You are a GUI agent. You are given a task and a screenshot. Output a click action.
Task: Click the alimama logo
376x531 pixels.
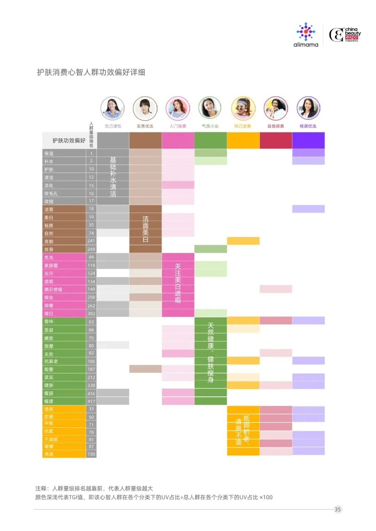pyautogui.click(x=306, y=35)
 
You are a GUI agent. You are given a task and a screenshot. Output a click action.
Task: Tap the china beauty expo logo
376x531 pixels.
pyautogui.click(x=345, y=35)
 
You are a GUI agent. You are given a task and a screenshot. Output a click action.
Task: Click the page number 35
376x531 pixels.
pyautogui.click(x=337, y=509)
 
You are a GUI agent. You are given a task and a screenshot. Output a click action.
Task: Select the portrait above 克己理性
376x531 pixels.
pyautogui.click(x=112, y=108)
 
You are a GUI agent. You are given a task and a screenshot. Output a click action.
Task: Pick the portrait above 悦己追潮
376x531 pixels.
pyautogui.click(x=243, y=108)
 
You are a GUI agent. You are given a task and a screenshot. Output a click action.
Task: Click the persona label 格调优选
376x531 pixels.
pyautogui.click(x=308, y=126)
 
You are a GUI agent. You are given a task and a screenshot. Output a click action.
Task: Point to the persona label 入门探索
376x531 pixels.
pyautogui.click(x=178, y=126)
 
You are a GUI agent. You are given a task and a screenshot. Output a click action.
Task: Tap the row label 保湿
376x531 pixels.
pyautogui.click(x=49, y=153)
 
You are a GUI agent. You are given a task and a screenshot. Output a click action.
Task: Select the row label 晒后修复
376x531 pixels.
pyautogui.click(x=53, y=290)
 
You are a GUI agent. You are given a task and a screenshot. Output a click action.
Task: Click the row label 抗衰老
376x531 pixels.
pyautogui.click(x=51, y=362)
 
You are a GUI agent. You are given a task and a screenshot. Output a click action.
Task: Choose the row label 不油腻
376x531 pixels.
pyautogui.click(x=51, y=439)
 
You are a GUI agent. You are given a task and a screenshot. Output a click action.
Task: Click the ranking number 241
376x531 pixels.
pyautogui.click(x=91, y=241)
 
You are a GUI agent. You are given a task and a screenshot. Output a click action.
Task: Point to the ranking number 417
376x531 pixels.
pyautogui.click(x=91, y=401)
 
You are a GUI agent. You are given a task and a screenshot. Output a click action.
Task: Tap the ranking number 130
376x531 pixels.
pyautogui.click(x=91, y=454)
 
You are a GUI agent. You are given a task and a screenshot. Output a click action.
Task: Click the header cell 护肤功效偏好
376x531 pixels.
pyautogui.click(x=69, y=141)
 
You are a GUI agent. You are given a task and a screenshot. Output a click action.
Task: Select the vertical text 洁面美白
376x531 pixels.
pyautogui.click(x=146, y=229)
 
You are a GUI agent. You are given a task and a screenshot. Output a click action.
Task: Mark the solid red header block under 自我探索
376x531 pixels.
pyautogui.click(x=276, y=141)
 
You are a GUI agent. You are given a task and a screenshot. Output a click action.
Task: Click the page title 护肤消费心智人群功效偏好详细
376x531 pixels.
pyautogui.click(x=91, y=72)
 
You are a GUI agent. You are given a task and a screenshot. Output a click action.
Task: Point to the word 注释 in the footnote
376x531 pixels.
pyautogui.click(x=42, y=489)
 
